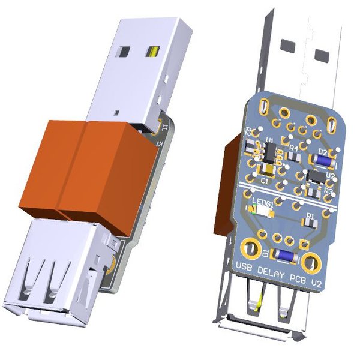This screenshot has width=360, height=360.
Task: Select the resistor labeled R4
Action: pos(293,155)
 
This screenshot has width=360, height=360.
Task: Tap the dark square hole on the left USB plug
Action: pos(128,50)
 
